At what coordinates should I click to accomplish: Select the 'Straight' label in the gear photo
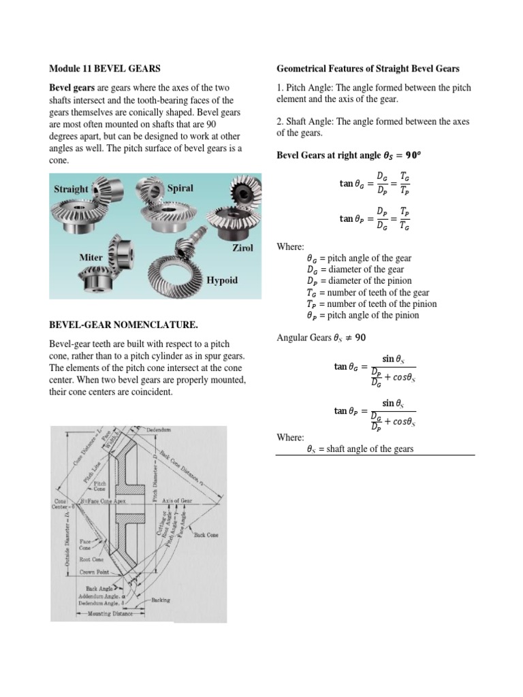click(71, 189)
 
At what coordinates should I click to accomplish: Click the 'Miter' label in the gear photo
click(91, 259)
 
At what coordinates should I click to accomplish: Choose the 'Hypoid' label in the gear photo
click(222, 280)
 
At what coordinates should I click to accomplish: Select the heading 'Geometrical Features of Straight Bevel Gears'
click(368, 69)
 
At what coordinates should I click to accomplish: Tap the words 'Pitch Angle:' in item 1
click(310, 88)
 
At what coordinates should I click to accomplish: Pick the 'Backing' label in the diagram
click(161, 600)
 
